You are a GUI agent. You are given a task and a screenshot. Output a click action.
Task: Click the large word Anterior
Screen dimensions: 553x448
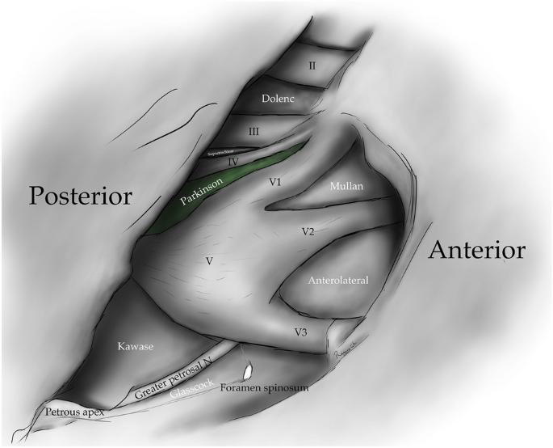click(477, 249)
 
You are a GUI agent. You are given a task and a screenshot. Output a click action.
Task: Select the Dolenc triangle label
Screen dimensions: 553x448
click(280, 99)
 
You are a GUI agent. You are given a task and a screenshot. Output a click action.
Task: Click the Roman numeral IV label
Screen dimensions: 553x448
click(233, 162)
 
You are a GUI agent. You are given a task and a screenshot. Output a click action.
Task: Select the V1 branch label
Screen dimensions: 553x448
click(275, 183)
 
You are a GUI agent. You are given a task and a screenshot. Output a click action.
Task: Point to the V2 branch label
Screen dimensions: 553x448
click(308, 231)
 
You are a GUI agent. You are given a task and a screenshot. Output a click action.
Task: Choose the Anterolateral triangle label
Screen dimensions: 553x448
click(338, 281)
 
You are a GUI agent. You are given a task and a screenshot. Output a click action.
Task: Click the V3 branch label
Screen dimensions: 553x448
click(300, 332)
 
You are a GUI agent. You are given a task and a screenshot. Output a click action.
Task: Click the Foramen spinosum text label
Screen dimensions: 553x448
click(264, 388)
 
